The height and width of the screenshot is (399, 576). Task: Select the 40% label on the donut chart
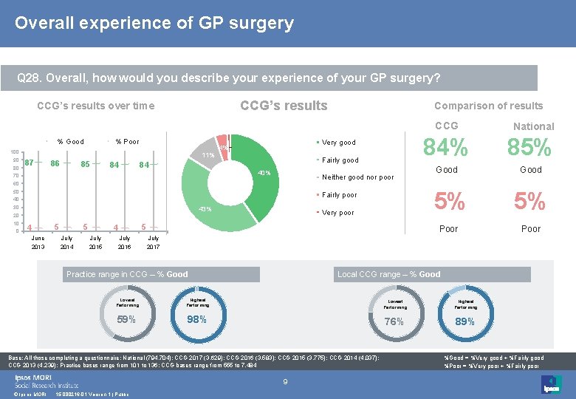click(x=264, y=174)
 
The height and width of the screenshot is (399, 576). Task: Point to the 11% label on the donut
click(x=208, y=155)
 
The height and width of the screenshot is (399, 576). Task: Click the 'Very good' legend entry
click(x=338, y=143)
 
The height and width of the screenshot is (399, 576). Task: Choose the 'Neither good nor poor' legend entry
click(x=357, y=177)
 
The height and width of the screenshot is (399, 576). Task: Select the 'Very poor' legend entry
click(x=337, y=213)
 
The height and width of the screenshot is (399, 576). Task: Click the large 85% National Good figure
click(x=531, y=149)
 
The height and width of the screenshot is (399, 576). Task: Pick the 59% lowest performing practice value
click(x=126, y=319)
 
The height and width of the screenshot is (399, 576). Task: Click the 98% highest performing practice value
click(x=196, y=319)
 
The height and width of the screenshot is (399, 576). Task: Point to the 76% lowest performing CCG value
click(x=394, y=321)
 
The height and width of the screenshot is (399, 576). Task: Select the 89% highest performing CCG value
click(x=464, y=321)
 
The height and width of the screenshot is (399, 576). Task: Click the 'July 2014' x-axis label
click(x=66, y=242)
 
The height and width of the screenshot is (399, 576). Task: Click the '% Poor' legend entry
click(x=127, y=141)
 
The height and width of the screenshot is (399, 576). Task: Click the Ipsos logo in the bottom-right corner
click(x=551, y=384)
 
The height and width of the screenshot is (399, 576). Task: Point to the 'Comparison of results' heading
click(x=488, y=106)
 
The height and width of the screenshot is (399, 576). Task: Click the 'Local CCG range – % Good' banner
click(x=388, y=274)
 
